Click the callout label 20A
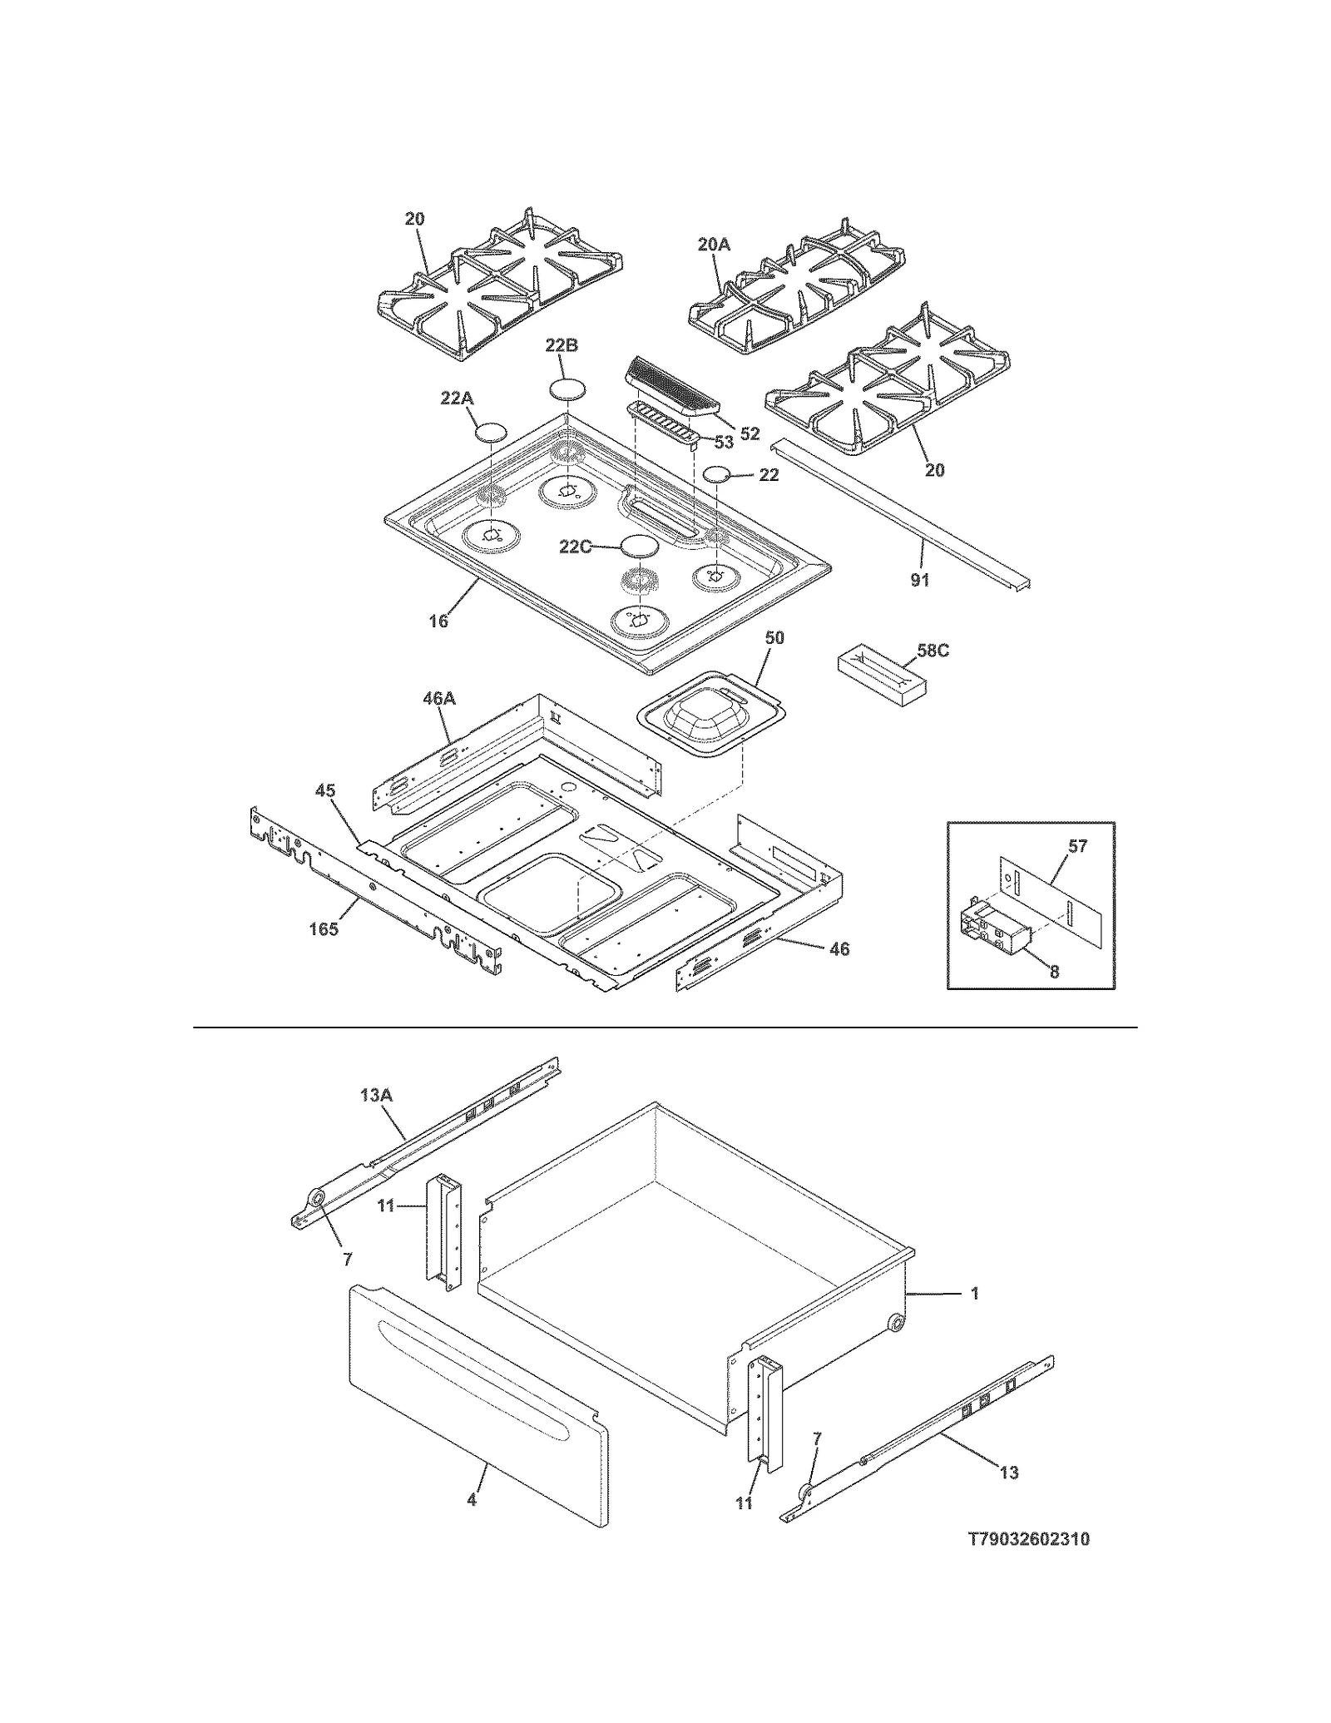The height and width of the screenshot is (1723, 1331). click(x=713, y=244)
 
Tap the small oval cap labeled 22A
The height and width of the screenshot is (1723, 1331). click(x=491, y=433)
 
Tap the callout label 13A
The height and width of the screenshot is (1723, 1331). click(x=376, y=1096)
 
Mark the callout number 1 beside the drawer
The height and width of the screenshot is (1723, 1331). click(x=975, y=1294)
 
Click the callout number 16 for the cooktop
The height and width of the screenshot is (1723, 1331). click(x=438, y=621)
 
